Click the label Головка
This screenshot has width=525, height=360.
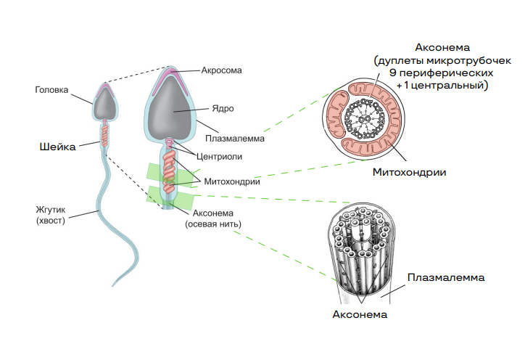(x=51, y=91)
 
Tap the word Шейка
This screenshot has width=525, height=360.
(x=57, y=147)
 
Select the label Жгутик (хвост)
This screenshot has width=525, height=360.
(x=50, y=216)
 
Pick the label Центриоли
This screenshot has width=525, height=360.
(x=219, y=155)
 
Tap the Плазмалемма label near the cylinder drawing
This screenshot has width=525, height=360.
(x=445, y=277)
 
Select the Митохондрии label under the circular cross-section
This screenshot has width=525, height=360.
(x=409, y=172)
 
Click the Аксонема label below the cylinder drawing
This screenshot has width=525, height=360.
(x=360, y=314)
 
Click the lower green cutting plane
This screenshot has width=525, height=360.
(x=170, y=196)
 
